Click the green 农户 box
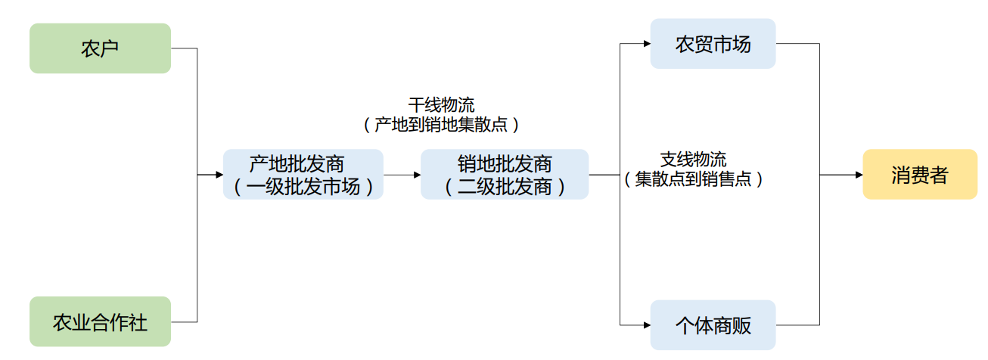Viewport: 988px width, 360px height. coord(100,48)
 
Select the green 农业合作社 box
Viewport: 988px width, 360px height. coord(100,323)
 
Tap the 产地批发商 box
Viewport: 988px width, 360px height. coord(303,175)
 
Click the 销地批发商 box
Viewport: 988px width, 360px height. coord(505,175)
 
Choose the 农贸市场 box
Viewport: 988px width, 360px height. coord(713,44)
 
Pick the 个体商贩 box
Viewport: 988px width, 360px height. coord(713,325)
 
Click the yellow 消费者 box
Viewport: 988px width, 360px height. coord(919,175)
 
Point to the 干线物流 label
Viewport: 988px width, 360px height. coord(441,104)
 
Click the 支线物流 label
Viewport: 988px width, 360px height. coord(693,160)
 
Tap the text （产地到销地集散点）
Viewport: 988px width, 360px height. coord(441,125)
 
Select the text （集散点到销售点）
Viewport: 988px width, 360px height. coord(693,179)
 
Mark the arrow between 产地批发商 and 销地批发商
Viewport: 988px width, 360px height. coord(402,175)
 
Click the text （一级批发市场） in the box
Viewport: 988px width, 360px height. coord(303,186)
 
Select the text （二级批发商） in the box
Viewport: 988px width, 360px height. coord(505,186)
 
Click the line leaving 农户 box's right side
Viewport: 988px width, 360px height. coord(184,48)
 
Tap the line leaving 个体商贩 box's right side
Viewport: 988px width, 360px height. coord(797,325)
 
